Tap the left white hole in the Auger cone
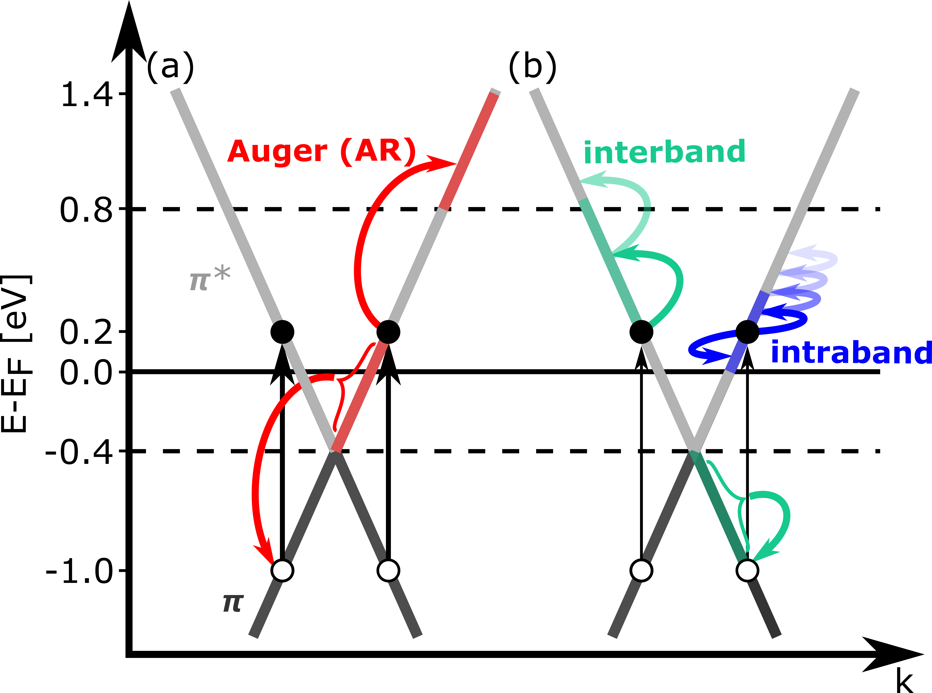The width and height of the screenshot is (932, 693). click(282, 571)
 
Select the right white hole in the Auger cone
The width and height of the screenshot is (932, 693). click(388, 571)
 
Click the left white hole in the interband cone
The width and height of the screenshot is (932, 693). click(641, 571)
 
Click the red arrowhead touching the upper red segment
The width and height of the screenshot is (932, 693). click(441, 164)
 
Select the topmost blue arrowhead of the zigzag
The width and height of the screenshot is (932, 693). click(804, 252)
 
